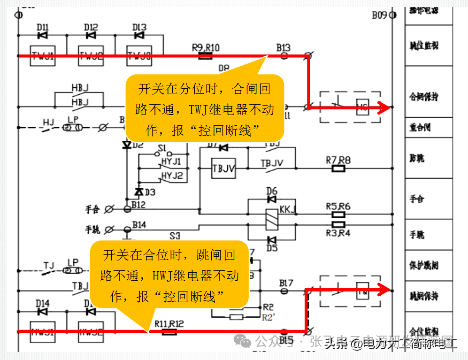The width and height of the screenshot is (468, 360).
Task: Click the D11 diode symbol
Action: [43, 35]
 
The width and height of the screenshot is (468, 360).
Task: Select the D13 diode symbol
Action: [139, 35]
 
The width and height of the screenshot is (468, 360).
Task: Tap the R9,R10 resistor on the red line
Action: [205, 56]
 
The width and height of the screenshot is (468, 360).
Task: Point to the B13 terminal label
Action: [283, 47]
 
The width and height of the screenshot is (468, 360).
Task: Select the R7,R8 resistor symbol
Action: [338, 169]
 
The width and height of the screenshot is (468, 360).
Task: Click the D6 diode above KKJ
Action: [271, 199]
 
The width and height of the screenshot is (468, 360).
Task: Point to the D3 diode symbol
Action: [138, 191]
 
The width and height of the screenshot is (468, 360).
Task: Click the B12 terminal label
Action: [138, 205]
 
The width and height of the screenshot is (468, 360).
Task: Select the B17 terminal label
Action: [286, 283]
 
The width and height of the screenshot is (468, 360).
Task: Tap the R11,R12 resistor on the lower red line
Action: [169, 332]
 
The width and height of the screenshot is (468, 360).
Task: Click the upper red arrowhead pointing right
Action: [384, 108]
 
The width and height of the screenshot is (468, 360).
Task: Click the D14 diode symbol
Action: [43, 311]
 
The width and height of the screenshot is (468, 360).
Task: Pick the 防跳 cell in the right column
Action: [417, 158]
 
